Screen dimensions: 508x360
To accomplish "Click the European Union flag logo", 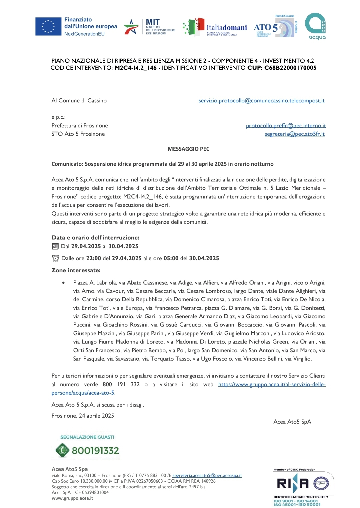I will coord(48,27).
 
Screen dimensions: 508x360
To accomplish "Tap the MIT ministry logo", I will coord(149,27).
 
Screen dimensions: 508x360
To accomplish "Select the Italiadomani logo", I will coord(215,27).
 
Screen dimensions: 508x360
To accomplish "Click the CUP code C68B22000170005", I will coord(290,68).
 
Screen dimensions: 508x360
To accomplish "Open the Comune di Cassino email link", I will coord(261,101).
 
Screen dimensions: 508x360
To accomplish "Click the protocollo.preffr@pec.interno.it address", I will coord(286,126).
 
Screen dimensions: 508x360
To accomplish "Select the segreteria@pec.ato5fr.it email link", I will coord(294,134).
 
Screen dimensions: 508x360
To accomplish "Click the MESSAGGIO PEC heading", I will coord(188,149).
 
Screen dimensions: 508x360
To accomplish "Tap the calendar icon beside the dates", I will coord(55,246).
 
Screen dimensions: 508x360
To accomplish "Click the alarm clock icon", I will coord(55,258).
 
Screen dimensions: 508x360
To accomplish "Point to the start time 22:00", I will coord(93,259).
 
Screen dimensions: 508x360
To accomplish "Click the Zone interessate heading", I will coord(76,270).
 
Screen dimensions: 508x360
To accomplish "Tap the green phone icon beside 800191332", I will coord(62,450).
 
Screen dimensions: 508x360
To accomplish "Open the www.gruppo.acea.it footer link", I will coord(72,498).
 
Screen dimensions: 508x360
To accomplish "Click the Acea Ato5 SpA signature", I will coord(292,422).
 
